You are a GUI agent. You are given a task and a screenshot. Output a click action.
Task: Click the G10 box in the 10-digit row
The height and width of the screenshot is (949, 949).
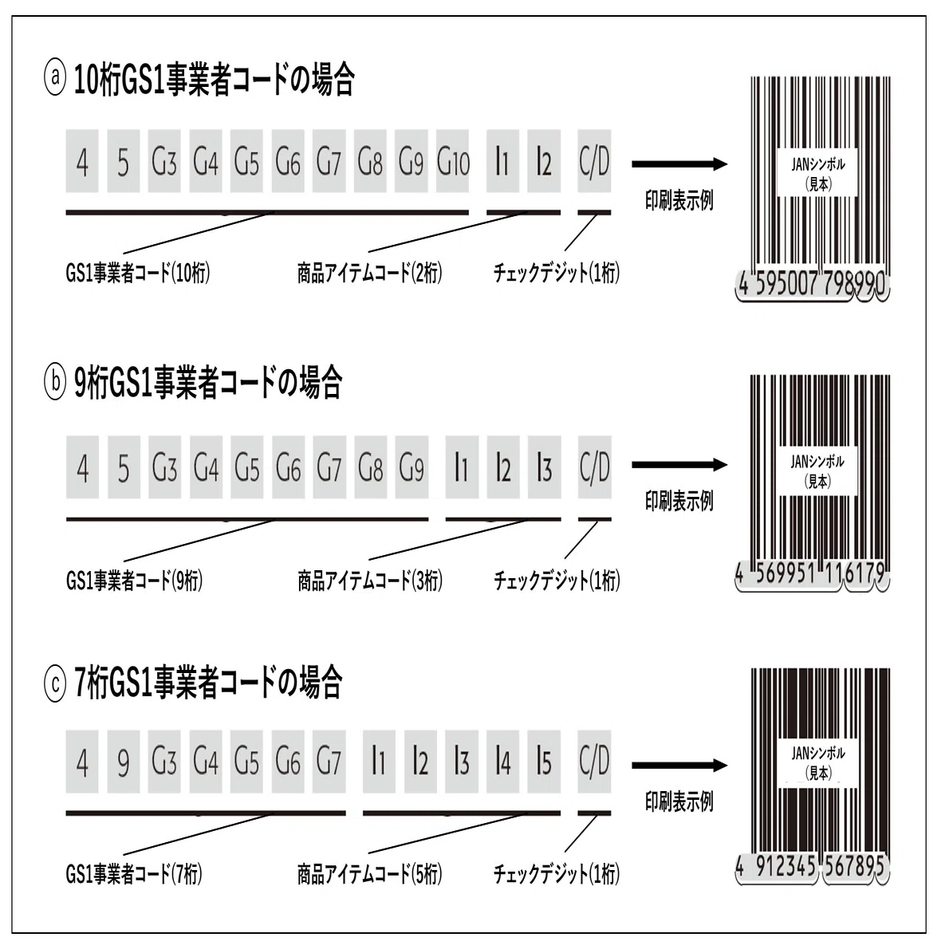pyautogui.click(x=452, y=161)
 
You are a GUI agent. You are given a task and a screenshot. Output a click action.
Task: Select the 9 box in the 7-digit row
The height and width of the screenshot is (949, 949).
pyautogui.click(x=124, y=762)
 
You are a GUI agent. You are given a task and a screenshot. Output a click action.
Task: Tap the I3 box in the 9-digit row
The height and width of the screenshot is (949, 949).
pyautogui.click(x=544, y=467)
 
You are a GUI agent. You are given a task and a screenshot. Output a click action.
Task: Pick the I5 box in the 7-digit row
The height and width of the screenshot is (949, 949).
pyautogui.click(x=544, y=762)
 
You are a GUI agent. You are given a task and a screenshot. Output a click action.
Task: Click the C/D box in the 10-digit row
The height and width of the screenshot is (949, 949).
pyautogui.click(x=594, y=161)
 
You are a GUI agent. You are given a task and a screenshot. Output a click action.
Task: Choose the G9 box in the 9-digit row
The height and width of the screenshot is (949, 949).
pyautogui.click(x=411, y=467)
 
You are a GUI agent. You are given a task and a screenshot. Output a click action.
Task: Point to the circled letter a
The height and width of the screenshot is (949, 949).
pyautogui.click(x=55, y=80)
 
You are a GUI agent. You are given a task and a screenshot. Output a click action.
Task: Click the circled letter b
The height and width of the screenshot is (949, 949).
pyautogui.click(x=55, y=384)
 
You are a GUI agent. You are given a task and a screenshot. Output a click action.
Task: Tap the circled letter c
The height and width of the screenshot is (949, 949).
pyautogui.click(x=55, y=684)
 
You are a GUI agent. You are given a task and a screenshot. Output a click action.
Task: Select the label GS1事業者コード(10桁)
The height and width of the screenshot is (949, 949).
pyautogui.click(x=137, y=274)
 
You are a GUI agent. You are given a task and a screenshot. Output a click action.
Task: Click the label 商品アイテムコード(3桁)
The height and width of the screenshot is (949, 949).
pyautogui.click(x=370, y=581)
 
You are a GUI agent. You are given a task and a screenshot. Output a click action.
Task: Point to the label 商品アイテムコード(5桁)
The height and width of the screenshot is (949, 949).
pyautogui.click(x=370, y=874)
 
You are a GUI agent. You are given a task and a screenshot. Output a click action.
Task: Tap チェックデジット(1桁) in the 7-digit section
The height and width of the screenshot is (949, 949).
pyautogui.click(x=557, y=874)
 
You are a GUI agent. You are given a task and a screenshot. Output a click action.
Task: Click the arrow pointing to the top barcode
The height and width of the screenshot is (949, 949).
pyautogui.click(x=679, y=164)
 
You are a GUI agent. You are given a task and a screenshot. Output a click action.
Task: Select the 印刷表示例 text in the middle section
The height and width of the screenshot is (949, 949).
pyautogui.click(x=679, y=501)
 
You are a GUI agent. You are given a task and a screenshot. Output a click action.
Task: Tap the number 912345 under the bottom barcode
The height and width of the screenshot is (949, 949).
pyautogui.click(x=786, y=867)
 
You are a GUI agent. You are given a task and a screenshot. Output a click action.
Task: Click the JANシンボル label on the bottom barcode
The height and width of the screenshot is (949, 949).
pyautogui.click(x=818, y=754)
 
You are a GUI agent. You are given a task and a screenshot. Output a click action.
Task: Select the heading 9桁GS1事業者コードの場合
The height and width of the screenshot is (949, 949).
pyautogui.click(x=207, y=383)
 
